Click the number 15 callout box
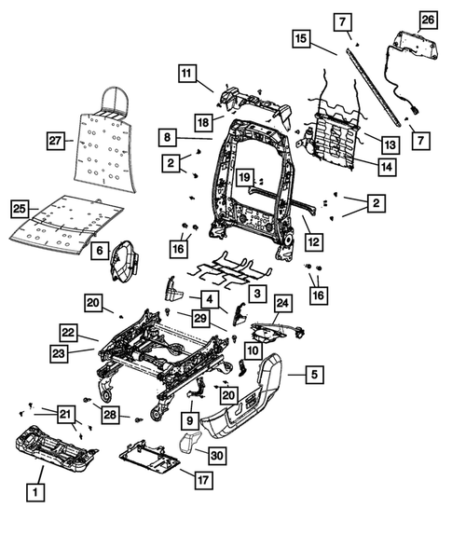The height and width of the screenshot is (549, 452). [300, 39]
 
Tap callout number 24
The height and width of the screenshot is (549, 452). [282, 303]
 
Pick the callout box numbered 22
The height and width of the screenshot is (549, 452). [68, 333]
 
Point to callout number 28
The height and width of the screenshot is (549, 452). [111, 413]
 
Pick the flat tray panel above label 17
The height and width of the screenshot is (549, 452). [149, 458]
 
